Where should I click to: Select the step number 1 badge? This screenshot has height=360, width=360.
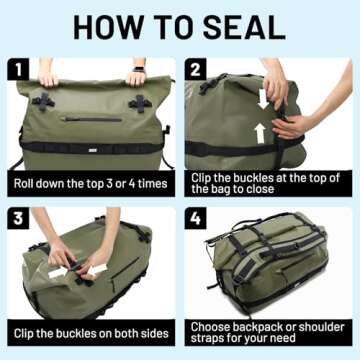point(19,70)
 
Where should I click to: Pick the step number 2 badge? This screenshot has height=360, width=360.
point(197,70)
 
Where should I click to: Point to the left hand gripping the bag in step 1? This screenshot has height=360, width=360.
point(48,76)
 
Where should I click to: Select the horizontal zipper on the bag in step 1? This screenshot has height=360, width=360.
point(91,119)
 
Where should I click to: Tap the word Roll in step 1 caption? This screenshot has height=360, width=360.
point(27,184)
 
